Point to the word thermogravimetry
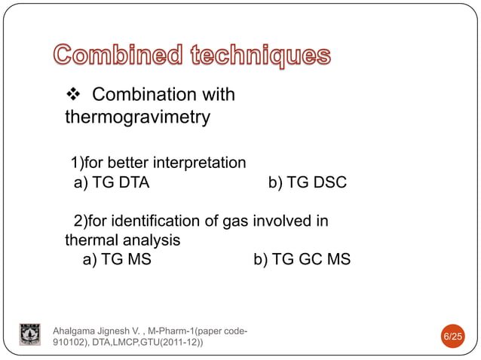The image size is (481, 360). coord(137,118)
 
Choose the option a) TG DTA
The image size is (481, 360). coord(111,183)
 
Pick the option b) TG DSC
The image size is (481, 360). coord(307,183)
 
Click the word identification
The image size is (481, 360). coord(155,221)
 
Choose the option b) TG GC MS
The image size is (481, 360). coord(302,261)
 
